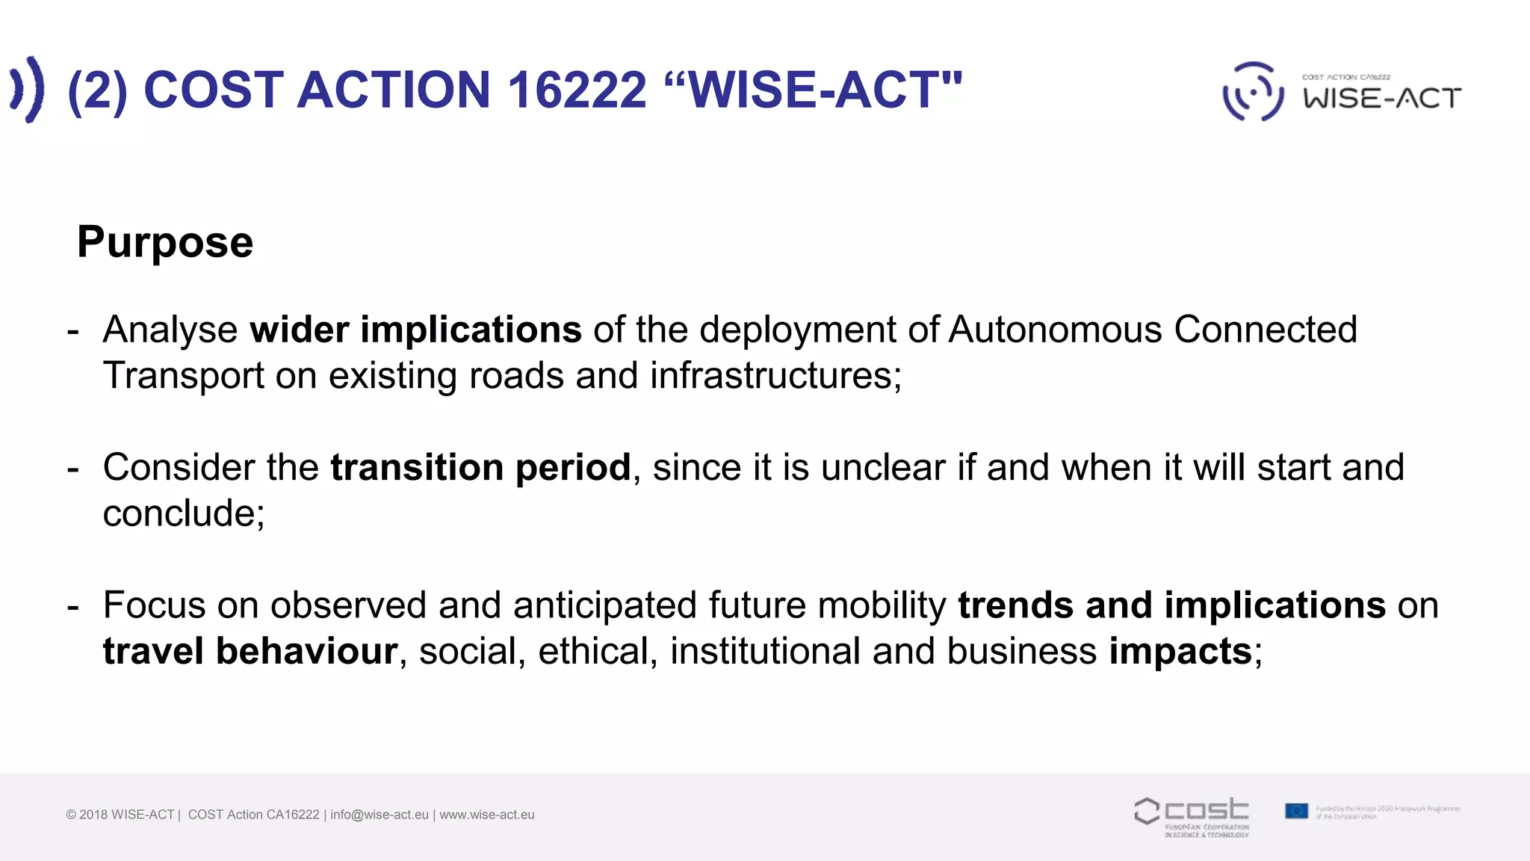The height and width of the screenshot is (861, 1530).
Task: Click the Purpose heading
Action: [x=165, y=242]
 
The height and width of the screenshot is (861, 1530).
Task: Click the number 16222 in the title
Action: [x=577, y=90]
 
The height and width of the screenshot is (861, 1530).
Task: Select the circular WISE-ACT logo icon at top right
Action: [x=1253, y=92]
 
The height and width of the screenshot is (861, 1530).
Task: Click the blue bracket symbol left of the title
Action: [x=27, y=90]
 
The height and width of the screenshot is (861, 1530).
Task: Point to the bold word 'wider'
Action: [x=299, y=330]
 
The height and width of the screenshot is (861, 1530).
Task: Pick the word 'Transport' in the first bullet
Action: [x=183, y=375]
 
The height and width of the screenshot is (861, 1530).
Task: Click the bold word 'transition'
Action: [x=417, y=468]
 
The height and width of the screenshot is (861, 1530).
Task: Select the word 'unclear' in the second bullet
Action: [x=883, y=468]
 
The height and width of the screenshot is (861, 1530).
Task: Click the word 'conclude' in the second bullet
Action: [x=179, y=513]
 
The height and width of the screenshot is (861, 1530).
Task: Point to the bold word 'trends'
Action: [x=1015, y=605]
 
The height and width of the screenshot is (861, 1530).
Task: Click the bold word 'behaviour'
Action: [x=306, y=651]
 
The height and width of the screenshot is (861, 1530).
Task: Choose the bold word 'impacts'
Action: [x=1180, y=651]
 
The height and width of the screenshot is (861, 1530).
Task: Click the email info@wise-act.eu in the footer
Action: [x=380, y=815]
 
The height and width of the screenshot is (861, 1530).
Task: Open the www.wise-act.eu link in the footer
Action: [x=487, y=815]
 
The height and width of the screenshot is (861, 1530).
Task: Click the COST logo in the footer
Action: [x=1192, y=815]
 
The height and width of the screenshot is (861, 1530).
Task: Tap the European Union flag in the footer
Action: [x=1296, y=811]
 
